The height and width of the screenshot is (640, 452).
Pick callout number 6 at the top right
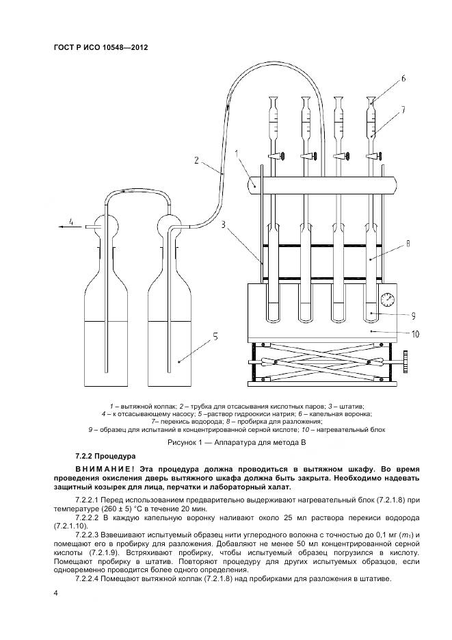click(x=403, y=78)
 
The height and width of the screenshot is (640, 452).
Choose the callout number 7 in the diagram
click(x=403, y=109)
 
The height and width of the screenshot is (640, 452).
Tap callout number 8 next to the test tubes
click(x=408, y=242)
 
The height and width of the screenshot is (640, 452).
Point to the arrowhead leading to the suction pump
click(x=62, y=223)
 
